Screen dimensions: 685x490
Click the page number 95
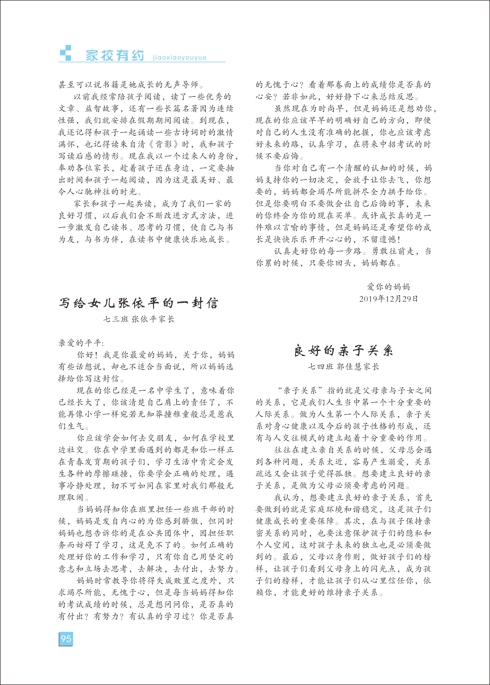pos(66,639)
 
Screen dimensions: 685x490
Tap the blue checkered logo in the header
pos(66,53)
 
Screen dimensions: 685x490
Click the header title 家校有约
pos(115,56)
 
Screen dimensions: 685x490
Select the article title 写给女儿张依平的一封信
pos(138,303)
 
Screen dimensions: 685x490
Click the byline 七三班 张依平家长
pos(139,319)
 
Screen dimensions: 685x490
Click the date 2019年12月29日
pos(388,299)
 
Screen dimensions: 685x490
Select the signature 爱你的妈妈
pos(388,287)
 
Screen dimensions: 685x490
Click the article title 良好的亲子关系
pos(343,351)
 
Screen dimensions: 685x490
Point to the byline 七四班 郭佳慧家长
pos(343,367)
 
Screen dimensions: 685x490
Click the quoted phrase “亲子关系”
pos(300,391)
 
